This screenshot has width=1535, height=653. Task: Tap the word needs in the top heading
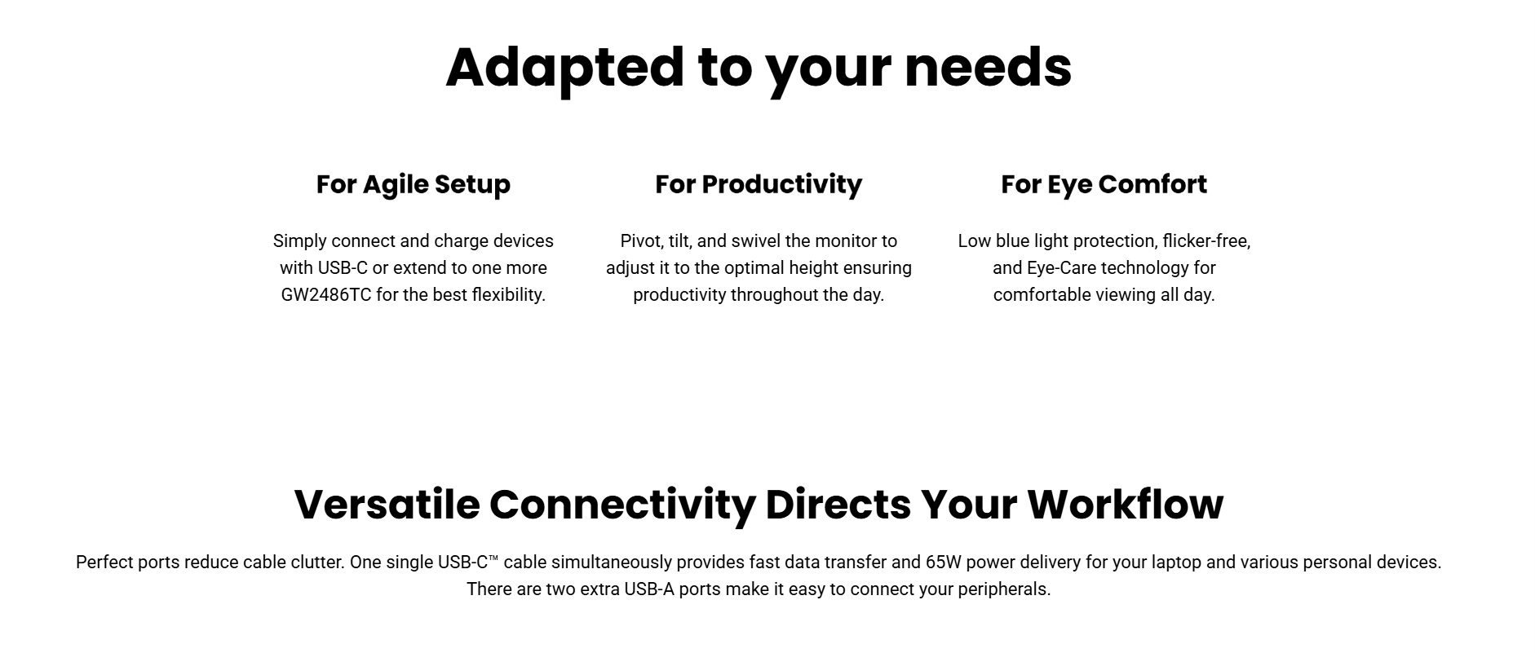click(988, 67)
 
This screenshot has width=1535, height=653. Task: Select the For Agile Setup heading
click(414, 185)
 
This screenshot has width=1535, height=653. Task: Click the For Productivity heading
click(759, 185)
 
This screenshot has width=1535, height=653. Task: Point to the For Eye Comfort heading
click(1104, 185)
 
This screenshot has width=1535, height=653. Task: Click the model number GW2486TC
click(326, 295)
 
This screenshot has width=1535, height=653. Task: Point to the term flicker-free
click(1206, 241)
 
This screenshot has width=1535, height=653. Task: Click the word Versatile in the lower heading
click(387, 505)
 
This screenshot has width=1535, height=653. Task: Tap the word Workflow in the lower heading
click(1126, 505)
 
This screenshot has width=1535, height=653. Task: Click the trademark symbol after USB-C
click(493, 558)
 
